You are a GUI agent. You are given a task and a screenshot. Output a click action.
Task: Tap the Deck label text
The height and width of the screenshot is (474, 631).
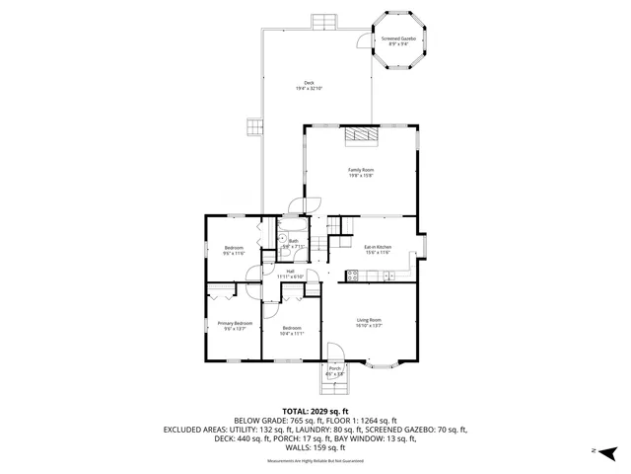pyautogui.click(x=309, y=86)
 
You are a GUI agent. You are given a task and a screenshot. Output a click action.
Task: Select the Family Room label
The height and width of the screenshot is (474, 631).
pyautogui.click(x=361, y=172)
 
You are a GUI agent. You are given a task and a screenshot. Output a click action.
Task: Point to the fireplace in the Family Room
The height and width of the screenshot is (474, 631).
pyautogui.click(x=361, y=137)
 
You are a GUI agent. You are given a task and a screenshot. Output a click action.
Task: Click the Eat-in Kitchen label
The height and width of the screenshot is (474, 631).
pyautogui.click(x=378, y=250)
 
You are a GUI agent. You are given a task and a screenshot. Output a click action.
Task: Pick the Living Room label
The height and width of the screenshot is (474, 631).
pyautogui.click(x=369, y=322)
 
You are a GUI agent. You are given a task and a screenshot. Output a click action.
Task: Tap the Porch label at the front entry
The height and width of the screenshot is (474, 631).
pyautogui.click(x=334, y=371)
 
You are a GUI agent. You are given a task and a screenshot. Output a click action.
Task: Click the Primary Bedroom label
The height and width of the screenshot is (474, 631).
pyautogui.click(x=235, y=325)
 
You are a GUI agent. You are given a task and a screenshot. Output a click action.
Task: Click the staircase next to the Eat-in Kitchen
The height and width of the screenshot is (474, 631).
pyautogui.click(x=339, y=234)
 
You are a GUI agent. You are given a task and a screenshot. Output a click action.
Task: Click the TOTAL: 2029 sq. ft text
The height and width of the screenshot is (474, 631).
pyautogui.click(x=315, y=411)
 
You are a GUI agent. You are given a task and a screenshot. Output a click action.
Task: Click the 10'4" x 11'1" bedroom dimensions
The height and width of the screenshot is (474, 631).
pyautogui.click(x=292, y=334)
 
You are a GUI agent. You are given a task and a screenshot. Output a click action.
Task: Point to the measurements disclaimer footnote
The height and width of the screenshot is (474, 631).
pyautogui.click(x=315, y=461)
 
